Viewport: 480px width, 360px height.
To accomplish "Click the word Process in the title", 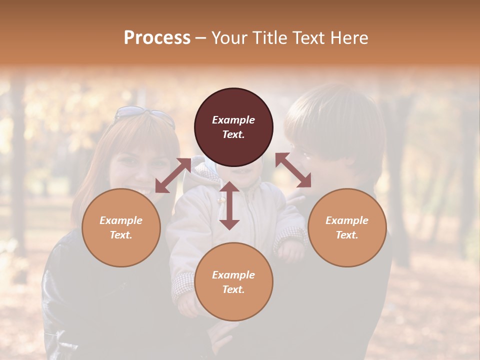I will click(157, 38).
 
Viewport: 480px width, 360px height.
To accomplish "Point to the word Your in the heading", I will click(229, 38).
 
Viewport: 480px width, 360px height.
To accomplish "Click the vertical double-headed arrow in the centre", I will click(229, 205).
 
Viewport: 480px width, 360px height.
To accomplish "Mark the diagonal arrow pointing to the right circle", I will click(293, 170).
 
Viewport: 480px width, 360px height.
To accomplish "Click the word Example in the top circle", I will click(233, 120).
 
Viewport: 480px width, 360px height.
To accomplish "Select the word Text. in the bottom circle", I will click(233, 289).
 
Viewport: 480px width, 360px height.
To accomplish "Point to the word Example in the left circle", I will click(121, 220).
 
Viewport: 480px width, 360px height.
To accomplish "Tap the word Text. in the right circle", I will click(347, 235).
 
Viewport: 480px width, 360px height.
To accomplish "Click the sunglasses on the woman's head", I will click(145, 115).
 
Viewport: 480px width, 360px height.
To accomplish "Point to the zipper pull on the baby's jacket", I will click(220, 200).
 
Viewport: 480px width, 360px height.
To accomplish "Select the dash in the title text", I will click(201, 38).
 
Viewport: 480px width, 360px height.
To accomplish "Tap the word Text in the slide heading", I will click(309, 38).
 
